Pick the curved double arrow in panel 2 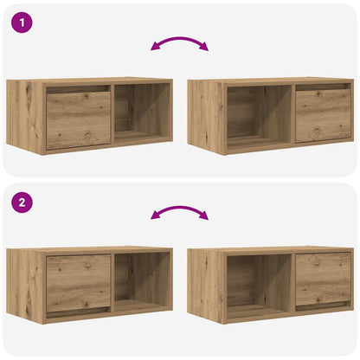click(180, 210)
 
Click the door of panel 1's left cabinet click(78, 120)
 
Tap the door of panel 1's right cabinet click(323, 116)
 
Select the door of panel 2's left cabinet click(78, 283)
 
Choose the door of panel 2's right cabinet click(323, 279)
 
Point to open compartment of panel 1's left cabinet click(142, 114)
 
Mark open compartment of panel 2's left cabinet click(142, 282)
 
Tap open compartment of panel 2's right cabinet click(257, 283)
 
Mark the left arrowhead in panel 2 click(155, 216)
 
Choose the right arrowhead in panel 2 click(205, 216)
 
